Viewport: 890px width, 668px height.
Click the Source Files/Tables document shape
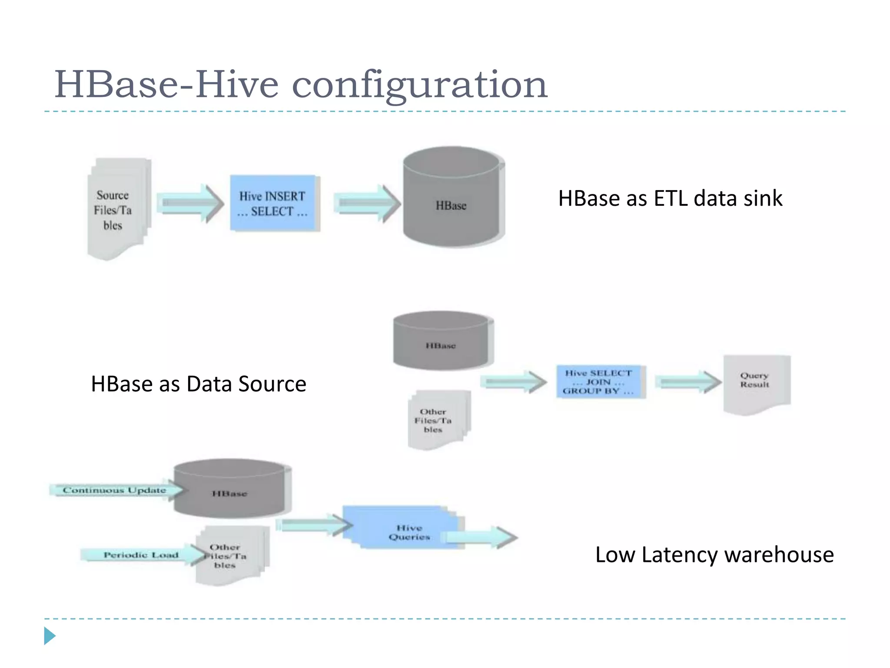point(115,210)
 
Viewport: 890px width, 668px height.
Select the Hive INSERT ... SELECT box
point(273,203)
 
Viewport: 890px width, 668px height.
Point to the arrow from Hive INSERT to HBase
point(367,203)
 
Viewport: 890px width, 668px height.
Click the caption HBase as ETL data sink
point(670,198)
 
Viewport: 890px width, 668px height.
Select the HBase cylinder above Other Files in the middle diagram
point(442,341)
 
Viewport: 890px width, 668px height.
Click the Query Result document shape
point(755,382)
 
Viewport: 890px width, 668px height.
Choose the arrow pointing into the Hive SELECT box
point(513,382)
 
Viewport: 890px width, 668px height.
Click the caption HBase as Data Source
point(199,384)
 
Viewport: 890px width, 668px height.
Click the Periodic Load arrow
point(141,555)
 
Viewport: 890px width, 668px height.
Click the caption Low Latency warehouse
point(714,555)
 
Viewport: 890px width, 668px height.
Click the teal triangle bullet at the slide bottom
point(49,636)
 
